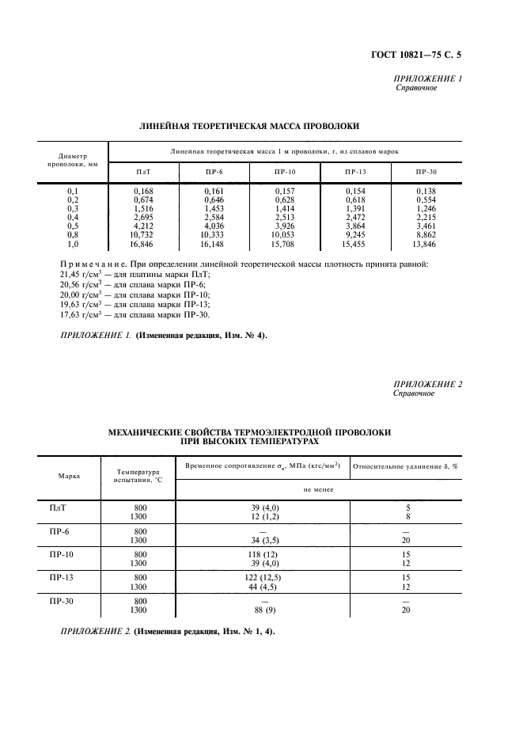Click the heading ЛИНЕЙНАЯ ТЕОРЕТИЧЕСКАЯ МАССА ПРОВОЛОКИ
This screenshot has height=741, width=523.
click(x=249, y=125)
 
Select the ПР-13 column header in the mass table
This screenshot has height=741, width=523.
click(x=356, y=172)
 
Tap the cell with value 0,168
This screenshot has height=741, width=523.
click(x=143, y=191)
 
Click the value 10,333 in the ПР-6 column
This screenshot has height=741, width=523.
click(x=214, y=237)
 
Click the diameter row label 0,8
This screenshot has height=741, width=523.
click(x=72, y=237)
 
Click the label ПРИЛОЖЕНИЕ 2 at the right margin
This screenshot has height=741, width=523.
click(x=427, y=385)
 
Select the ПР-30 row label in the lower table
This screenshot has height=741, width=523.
click(x=60, y=602)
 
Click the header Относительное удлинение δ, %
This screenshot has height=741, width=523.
click(x=406, y=466)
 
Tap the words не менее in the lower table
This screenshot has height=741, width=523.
click(x=316, y=490)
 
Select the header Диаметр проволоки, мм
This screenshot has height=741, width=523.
click(x=72, y=161)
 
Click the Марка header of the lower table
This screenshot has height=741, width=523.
click(x=68, y=477)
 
